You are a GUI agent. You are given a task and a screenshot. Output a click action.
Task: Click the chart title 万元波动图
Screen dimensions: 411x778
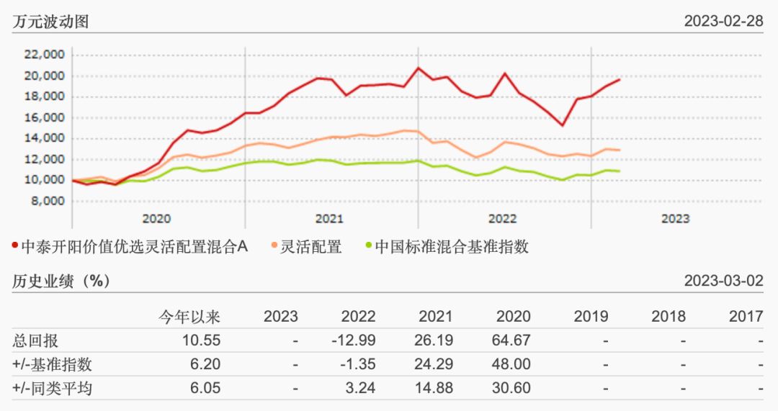(50, 21)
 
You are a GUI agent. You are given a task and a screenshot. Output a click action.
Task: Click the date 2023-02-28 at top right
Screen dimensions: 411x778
(723, 21)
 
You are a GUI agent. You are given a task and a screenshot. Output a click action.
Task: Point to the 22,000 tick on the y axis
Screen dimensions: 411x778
(45, 55)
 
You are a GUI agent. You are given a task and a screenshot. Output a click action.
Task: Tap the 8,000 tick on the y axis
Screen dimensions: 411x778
(48, 201)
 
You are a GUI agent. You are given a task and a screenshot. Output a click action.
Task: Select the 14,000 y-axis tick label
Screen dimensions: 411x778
(45, 138)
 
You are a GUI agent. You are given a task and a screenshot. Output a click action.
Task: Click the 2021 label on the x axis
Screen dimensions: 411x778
(329, 218)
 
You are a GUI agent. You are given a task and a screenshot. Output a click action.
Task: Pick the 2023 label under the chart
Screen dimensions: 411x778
(675, 218)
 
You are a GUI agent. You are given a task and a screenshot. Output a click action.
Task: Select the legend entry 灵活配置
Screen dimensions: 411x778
(311, 247)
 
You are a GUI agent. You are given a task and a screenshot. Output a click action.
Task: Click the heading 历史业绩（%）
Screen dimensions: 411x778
(62, 281)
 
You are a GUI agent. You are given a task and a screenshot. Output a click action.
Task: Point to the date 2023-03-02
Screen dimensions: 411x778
(723, 281)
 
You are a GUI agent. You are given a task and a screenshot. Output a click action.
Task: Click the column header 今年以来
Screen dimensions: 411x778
(189, 316)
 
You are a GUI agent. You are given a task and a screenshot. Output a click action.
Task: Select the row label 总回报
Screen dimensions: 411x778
(36, 340)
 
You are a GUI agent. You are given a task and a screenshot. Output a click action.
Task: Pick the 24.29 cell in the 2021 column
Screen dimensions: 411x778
(434, 365)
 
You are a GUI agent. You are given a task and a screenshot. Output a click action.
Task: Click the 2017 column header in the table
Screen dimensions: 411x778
(746, 316)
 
